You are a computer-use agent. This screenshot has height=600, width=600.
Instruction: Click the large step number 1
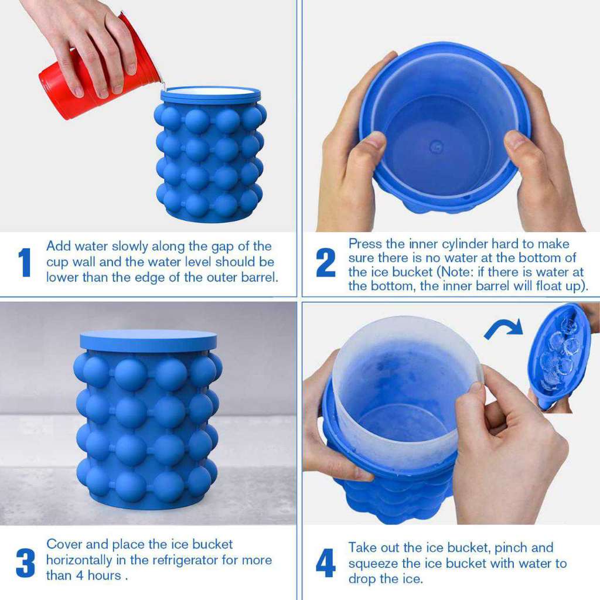24,262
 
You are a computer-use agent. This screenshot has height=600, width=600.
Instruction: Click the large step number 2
326,262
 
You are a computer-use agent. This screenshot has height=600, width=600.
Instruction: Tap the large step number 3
25,562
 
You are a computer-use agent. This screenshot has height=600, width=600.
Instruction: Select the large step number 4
326,562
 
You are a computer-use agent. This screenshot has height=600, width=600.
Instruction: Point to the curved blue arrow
503,328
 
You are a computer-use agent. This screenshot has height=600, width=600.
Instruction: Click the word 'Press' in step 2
365,244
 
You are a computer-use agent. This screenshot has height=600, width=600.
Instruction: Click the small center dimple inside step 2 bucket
436,146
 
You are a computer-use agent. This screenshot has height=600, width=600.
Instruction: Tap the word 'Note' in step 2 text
506,272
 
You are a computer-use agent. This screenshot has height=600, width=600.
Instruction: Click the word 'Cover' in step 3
64,544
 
